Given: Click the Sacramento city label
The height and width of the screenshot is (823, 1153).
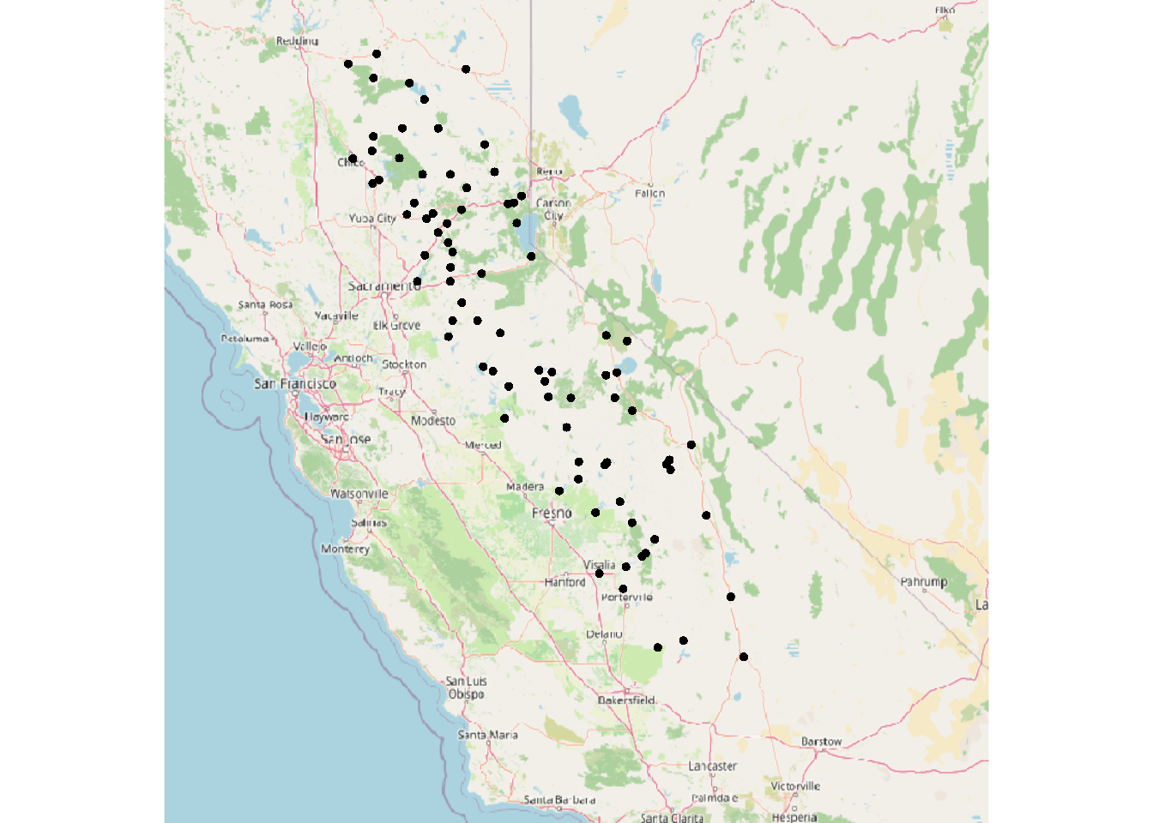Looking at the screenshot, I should click(x=384, y=285).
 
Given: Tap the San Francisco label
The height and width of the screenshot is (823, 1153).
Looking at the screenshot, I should click(x=295, y=384).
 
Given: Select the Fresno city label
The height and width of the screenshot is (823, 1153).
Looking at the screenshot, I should click(x=551, y=513).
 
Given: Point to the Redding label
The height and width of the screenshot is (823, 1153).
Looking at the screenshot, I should click(x=297, y=41).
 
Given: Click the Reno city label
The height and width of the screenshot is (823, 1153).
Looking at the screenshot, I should click(x=549, y=171).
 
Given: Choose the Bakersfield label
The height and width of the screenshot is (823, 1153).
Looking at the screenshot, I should click(x=626, y=700).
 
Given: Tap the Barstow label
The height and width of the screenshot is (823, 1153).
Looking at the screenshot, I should click(x=821, y=742).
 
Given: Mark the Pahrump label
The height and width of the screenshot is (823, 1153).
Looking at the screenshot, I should click(x=924, y=582).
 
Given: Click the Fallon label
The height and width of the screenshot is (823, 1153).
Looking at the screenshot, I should click(x=649, y=194).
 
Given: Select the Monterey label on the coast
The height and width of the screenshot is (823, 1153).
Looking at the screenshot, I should click(x=345, y=549).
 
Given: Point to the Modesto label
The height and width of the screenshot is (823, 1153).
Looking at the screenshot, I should click(x=433, y=421).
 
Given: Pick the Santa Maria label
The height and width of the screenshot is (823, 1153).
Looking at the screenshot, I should click(x=487, y=735).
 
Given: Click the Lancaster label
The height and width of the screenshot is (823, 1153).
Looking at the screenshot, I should click(x=712, y=766).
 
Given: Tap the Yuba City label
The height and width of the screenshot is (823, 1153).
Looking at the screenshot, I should click(x=372, y=219).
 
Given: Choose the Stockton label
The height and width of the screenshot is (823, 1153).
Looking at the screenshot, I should click(x=404, y=364).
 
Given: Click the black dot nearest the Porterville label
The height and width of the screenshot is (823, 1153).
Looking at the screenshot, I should click(x=623, y=589).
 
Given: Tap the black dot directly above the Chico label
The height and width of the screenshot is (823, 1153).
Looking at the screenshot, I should click(x=353, y=159).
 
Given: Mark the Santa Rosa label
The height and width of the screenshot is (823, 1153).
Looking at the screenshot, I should click(x=265, y=304).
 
